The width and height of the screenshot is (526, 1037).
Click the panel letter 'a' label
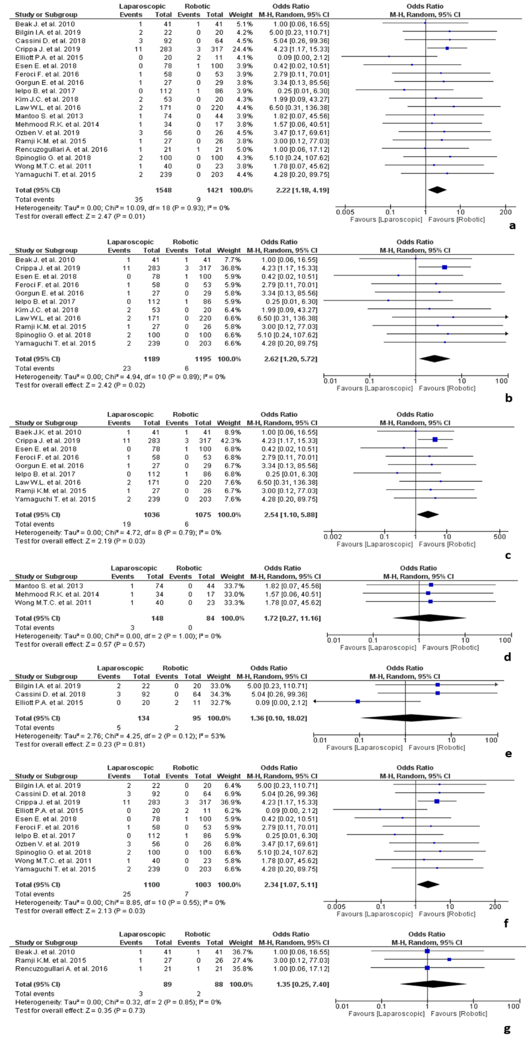coord(512,226)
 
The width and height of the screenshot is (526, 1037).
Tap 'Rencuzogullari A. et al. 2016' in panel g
coord(61,969)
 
